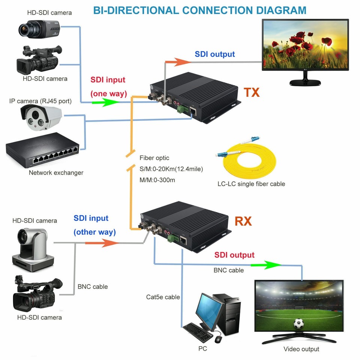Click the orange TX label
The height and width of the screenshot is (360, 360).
pos(252,92)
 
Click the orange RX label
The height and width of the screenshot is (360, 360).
pos(243,221)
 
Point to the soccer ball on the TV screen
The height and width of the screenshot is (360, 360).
pos(298,323)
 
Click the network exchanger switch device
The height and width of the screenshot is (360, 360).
pos(42,150)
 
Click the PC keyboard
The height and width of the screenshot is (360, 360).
pos(198,332)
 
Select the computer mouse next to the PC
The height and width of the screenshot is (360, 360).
pos(218,339)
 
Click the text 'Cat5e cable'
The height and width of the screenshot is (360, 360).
pos(163,297)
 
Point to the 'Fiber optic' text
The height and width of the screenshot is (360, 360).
pos(154,158)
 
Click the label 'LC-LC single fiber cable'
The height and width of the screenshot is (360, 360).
pos(251,184)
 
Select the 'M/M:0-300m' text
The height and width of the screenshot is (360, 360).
pos(157,180)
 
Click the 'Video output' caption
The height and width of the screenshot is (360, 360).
pos(301,349)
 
